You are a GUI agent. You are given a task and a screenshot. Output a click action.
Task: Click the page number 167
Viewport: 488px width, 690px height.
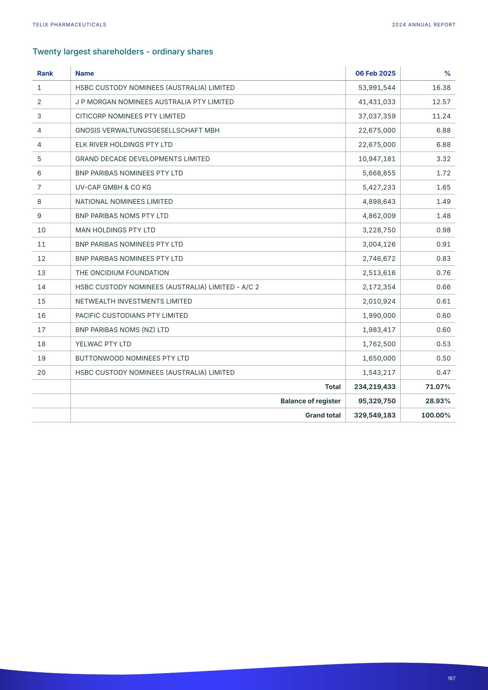click(x=451, y=678)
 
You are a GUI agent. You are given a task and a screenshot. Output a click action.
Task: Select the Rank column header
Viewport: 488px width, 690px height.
click(x=45, y=74)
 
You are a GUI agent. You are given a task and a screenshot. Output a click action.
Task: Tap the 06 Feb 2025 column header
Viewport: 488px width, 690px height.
click(x=375, y=74)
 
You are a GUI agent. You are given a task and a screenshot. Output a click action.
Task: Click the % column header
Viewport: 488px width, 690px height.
click(x=447, y=74)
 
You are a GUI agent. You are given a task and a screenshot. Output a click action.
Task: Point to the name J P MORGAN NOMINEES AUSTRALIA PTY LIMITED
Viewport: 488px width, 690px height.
click(x=154, y=102)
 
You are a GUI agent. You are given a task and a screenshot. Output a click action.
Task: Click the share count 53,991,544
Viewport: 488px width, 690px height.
click(x=377, y=88)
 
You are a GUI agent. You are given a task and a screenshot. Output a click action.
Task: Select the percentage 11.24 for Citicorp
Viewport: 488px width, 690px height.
click(x=441, y=116)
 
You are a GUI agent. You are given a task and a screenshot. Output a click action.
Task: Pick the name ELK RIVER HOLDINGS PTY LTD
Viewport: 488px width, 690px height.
click(x=124, y=145)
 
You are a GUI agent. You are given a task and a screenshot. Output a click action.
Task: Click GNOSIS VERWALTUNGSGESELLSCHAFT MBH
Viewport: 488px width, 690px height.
click(x=147, y=130)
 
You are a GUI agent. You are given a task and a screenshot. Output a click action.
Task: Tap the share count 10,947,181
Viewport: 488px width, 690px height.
click(x=377, y=159)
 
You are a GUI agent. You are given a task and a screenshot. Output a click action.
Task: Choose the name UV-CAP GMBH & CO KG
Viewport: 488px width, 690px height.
click(x=113, y=187)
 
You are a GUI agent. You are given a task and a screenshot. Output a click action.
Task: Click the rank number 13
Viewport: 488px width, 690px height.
click(x=41, y=273)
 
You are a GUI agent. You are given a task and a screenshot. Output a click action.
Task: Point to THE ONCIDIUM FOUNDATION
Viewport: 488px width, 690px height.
click(x=122, y=273)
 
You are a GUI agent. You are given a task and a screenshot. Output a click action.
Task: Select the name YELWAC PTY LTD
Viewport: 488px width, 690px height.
click(x=103, y=344)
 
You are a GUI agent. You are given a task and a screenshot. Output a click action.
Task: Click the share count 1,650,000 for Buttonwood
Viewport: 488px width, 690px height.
click(x=379, y=358)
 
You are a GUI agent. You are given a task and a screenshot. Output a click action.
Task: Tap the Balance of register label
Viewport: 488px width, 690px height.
click(x=310, y=401)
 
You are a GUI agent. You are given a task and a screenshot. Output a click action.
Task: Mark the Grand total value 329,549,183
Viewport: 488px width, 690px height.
click(x=375, y=415)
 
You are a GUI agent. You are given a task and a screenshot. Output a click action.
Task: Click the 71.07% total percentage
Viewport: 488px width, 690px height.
click(x=438, y=387)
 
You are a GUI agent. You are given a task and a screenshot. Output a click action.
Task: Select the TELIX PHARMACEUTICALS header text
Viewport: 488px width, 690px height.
click(x=69, y=25)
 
